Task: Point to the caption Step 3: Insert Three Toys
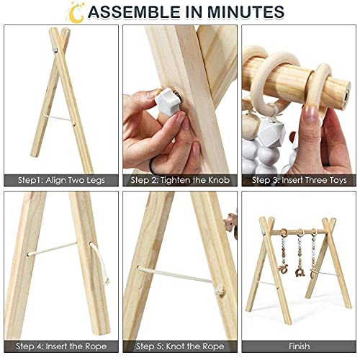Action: (x=298, y=180)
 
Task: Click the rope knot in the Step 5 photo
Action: (x=219, y=291)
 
